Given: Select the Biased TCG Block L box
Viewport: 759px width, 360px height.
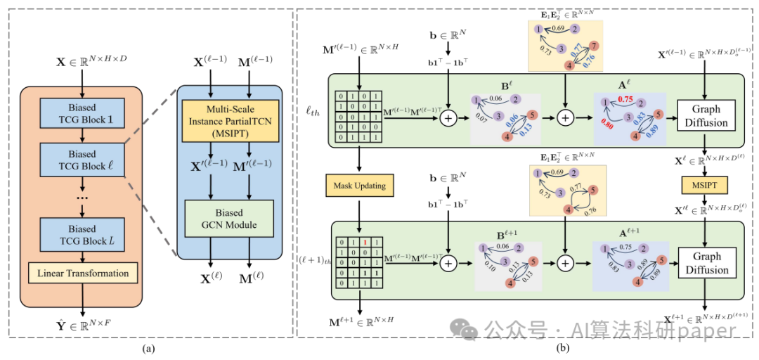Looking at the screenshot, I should [x=83, y=233].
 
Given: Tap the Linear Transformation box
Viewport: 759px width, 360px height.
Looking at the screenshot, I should [x=83, y=273].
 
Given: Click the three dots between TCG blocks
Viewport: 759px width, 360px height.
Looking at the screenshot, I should [x=83, y=198].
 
